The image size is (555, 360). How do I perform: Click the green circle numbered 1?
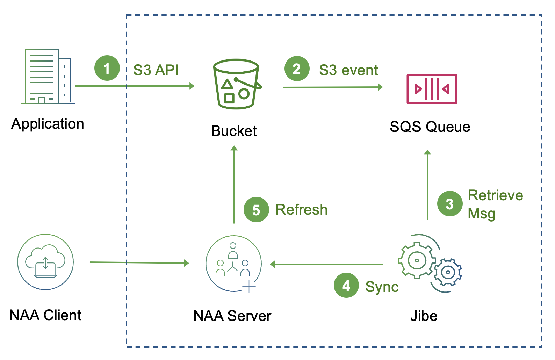point(107,68)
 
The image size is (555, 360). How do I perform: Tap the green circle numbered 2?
point(297,69)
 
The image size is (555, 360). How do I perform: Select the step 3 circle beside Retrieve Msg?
point(450,204)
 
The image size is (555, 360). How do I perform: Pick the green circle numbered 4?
point(346,285)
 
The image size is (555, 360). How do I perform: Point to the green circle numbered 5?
point(256,210)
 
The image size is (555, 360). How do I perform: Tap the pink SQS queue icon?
point(432,89)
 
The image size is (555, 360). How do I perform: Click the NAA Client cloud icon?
point(45,262)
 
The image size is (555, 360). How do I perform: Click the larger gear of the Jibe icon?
point(417,260)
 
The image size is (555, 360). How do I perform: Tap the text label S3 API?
point(156,70)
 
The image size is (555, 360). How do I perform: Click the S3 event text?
point(348,70)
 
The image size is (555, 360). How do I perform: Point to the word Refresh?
point(301,210)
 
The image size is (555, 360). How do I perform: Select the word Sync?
point(382,287)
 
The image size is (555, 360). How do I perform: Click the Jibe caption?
point(424,316)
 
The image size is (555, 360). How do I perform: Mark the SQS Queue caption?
point(430,127)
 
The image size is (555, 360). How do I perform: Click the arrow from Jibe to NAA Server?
point(327,264)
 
